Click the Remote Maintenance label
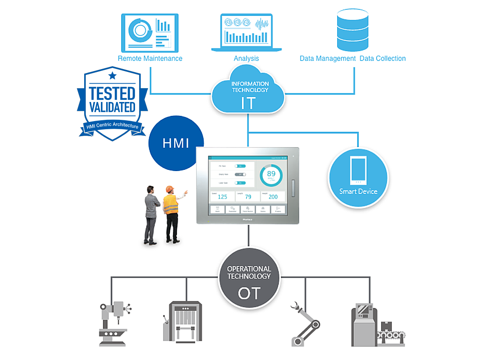click(x=150, y=59)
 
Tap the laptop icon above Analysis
click(x=246, y=33)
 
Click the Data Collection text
click(x=382, y=59)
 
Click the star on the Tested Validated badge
click(x=112, y=76)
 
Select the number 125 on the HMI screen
click(x=222, y=197)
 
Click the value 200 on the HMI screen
click(x=273, y=197)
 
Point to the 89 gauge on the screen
click(x=271, y=175)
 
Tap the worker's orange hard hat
click(x=170, y=189)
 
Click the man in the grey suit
click(x=151, y=213)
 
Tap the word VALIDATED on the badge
click(x=112, y=107)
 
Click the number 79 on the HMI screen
click(x=248, y=197)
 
